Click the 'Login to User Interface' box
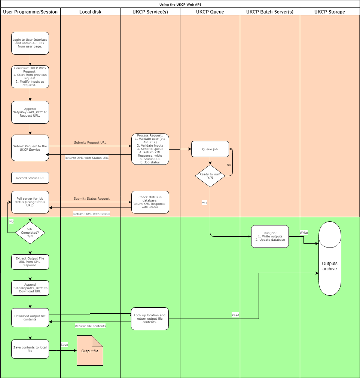pyautogui.click(x=30, y=43)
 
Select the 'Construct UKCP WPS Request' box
pyautogui.click(x=30, y=77)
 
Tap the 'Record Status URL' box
pyautogui.click(x=30, y=178)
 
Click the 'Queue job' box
pyautogui.click(x=210, y=149)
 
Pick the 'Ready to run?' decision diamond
pyautogui.click(x=210, y=176)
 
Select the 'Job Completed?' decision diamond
pyautogui.click(x=30, y=233)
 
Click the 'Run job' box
pyautogui.click(x=270, y=236)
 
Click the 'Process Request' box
pyautogui.click(x=150, y=149)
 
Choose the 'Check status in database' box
pyautogui.click(x=150, y=202)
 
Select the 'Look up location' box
pyautogui.click(x=150, y=319)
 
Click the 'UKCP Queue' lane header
pyautogui.click(x=210, y=12)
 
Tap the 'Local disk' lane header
pyautogui.click(x=90, y=12)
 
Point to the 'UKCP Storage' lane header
pyautogui.click(x=330, y=12)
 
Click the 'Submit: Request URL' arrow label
pyautogui.click(x=90, y=143)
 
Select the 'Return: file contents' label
pyautogui.click(x=90, y=326)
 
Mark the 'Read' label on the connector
pyautogui.click(x=235, y=315)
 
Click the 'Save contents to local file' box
pyautogui.click(x=30, y=349)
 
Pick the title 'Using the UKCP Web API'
pyautogui.click(x=180, y=4)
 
